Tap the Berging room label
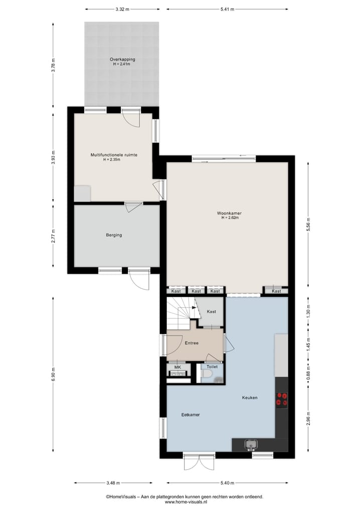(114, 235)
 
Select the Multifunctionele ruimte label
(114, 155)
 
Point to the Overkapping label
(122, 59)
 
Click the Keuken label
(249, 398)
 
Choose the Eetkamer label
(190, 415)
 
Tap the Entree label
(192, 344)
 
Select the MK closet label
(177, 367)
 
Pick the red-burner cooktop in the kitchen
(282, 399)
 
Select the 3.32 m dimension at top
(122, 9)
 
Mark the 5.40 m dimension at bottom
(228, 483)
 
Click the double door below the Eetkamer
(199, 462)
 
